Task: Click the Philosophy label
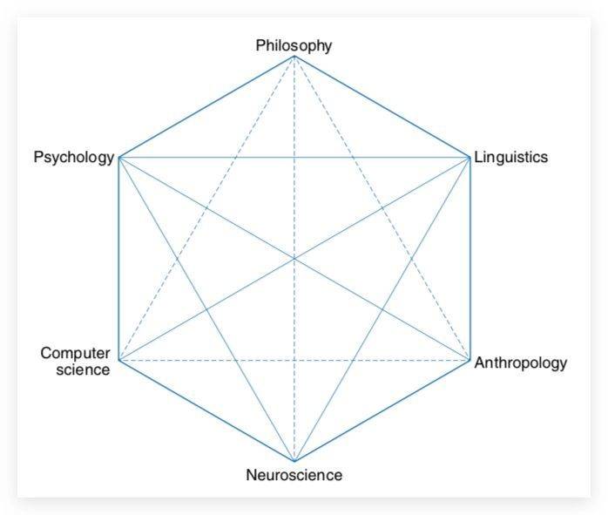(294, 46)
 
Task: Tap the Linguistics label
(511, 157)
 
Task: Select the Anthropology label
(521, 363)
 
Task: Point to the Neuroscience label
(294, 475)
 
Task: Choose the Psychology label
(74, 158)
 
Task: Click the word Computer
(75, 354)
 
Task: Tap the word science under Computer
(83, 369)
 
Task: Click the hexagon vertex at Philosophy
(294, 57)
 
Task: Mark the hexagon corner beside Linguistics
(470, 158)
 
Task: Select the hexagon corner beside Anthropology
(470, 360)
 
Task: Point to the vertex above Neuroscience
(294, 461)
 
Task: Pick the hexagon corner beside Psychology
(119, 158)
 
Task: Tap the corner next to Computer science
(119, 360)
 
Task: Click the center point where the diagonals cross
(294, 258)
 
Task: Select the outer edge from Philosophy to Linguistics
(382, 107)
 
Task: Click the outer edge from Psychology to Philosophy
(206, 107)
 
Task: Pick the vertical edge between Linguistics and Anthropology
(470, 259)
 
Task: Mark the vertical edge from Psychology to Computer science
(119, 259)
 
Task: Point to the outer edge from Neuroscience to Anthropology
(382, 410)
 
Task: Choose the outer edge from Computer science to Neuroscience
(206, 410)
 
